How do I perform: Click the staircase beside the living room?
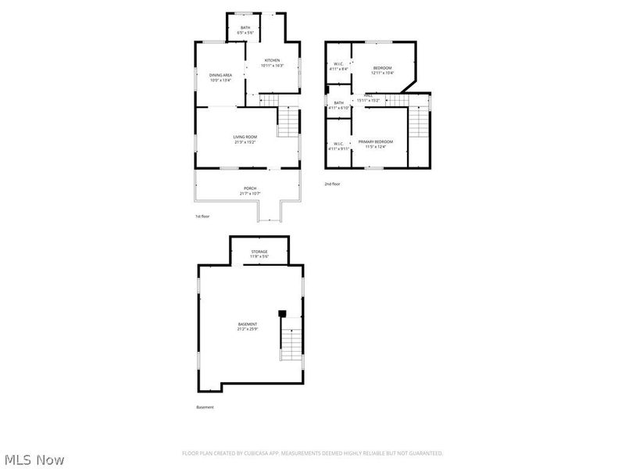click(289, 121)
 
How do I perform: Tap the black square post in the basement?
click(282, 314)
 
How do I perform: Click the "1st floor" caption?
click(202, 216)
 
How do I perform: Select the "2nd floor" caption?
click(333, 184)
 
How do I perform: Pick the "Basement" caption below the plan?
click(205, 407)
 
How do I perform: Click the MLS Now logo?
click(34, 460)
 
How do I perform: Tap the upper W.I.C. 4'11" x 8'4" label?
click(340, 66)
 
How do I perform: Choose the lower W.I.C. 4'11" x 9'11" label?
click(339, 145)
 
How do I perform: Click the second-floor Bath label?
click(339, 105)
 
